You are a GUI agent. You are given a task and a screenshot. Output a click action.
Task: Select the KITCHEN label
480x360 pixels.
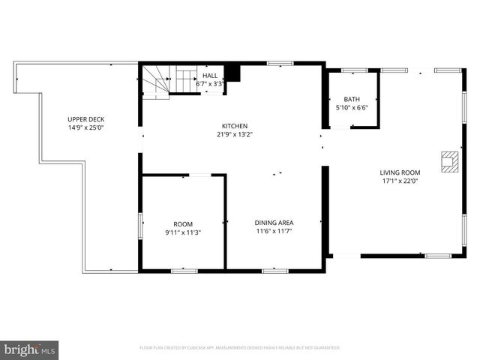click(234, 126)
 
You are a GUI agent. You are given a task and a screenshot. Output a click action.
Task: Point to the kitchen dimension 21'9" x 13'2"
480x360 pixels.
click(234, 135)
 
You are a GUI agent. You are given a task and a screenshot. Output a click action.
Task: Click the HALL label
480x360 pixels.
click(210, 76)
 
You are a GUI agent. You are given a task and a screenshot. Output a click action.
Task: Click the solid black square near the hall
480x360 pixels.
click(232, 73)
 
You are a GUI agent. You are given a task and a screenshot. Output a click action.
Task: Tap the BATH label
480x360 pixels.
click(352, 100)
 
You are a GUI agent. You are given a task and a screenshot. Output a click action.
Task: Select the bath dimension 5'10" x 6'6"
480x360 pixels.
click(352, 108)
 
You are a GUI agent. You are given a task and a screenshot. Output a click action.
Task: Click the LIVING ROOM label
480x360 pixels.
click(400, 172)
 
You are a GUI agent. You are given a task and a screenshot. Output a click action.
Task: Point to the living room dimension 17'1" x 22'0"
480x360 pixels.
click(400, 181)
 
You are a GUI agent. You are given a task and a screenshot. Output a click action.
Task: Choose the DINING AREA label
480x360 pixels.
click(274, 223)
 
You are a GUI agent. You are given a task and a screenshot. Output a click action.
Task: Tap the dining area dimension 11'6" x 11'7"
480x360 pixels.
click(274, 232)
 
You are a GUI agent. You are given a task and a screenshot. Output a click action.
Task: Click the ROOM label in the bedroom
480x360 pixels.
click(183, 224)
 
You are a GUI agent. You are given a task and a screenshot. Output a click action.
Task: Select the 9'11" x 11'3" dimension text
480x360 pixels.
click(183, 232)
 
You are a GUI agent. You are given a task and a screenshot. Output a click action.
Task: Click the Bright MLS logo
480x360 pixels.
click(29, 349)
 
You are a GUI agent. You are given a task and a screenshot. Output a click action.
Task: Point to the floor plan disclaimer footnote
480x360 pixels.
click(240, 348)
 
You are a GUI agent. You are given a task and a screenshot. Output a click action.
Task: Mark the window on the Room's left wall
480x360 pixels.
click(140, 224)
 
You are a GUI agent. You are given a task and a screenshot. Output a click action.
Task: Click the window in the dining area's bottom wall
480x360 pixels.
click(274, 270)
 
